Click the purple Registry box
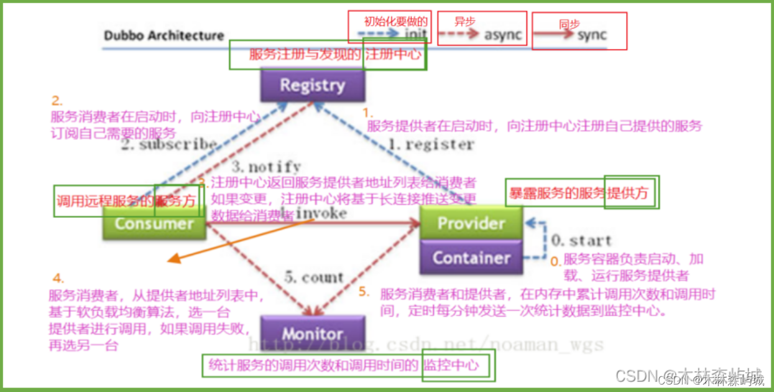311,85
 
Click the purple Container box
471,258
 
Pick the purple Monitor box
311,334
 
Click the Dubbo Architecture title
164,35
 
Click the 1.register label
433,144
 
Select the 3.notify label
266,167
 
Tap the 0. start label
581,240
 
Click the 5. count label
313,278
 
